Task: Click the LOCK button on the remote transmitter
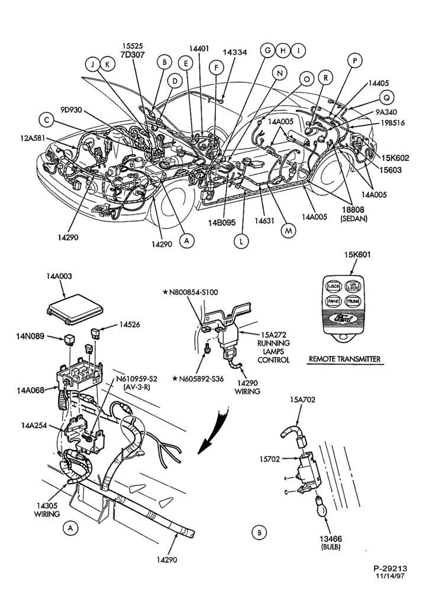(x=333, y=286)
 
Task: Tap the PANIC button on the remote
(x=332, y=301)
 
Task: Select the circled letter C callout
(x=46, y=120)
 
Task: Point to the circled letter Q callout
(x=386, y=98)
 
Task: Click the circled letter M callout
(x=288, y=231)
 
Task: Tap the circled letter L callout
(x=241, y=240)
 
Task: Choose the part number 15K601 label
(x=357, y=255)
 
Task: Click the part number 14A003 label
(x=59, y=276)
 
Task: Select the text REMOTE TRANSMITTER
(x=344, y=359)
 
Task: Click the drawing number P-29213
(x=390, y=568)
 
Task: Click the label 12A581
(x=33, y=138)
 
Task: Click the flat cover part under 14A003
(x=75, y=309)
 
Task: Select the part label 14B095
(x=222, y=223)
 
